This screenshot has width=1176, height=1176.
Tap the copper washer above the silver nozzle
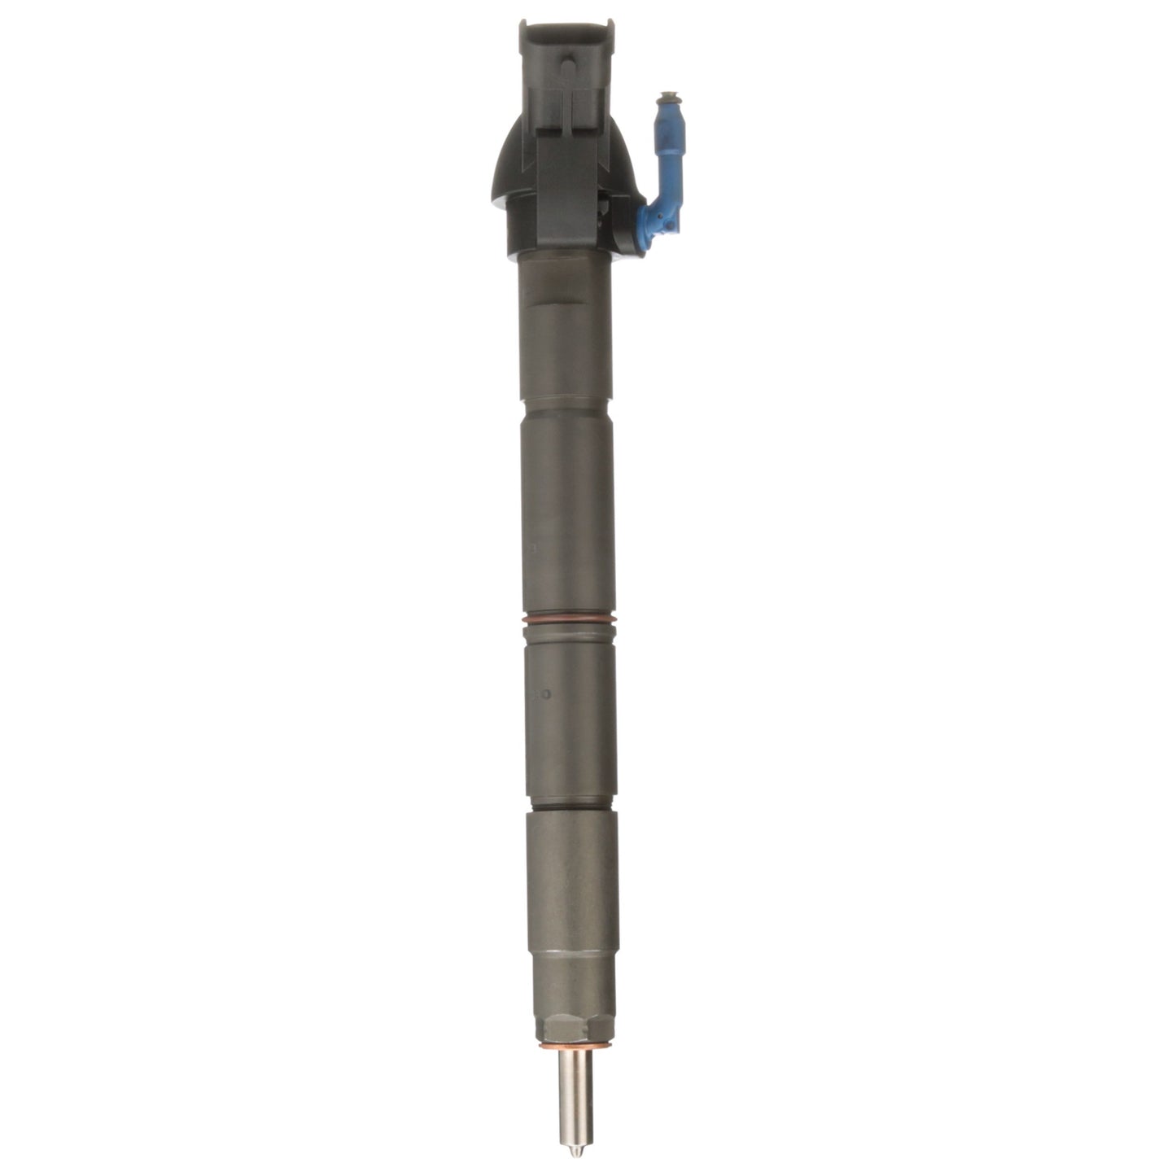pos(575,1043)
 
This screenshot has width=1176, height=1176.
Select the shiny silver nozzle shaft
pos(575,1082)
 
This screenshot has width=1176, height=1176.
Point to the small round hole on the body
pos(547,696)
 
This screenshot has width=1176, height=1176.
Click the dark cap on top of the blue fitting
pos(669,97)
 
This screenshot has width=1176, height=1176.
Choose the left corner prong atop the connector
pos(527,30)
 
